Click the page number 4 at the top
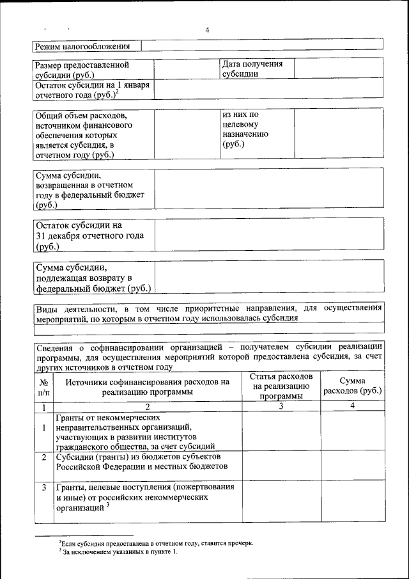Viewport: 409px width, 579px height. [x=207, y=30]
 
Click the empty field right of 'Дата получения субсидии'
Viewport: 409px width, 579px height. [x=338, y=68]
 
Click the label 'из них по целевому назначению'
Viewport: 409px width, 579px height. [x=246, y=130]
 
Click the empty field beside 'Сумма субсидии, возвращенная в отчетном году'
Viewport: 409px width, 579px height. [x=268, y=189]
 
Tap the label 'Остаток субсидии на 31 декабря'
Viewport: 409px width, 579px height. [x=89, y=235]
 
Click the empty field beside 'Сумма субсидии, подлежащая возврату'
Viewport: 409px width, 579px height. [x=268, y=278]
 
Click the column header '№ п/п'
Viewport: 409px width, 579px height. [x=43, y=386]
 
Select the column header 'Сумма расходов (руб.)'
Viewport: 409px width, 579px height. [x=352, y=386]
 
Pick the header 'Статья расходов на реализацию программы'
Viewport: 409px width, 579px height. [x=281, y=386]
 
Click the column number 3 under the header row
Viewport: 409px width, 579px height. [x=281, y=407]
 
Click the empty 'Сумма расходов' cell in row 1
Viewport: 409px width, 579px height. [x=352, y=432]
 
